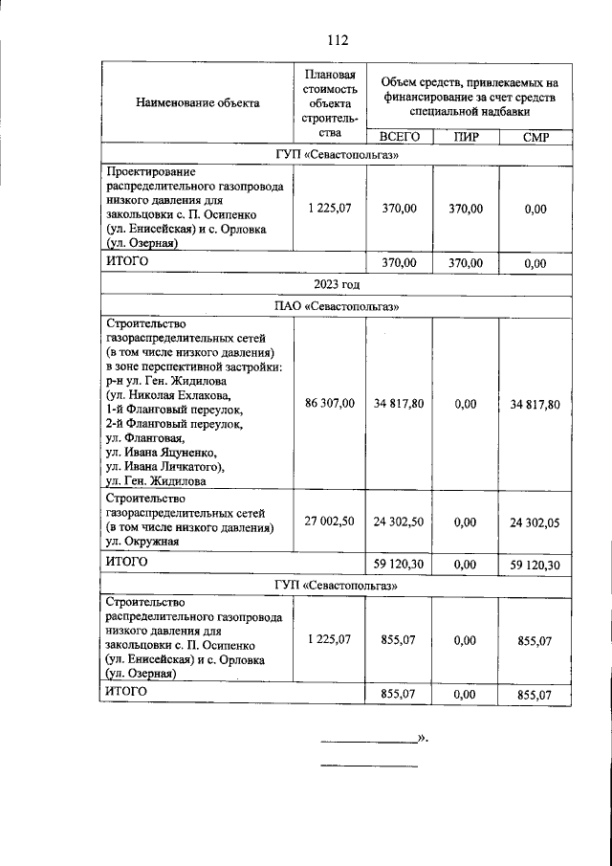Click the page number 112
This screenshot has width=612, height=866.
click(336, 40)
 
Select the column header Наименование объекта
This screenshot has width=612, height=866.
click(198, 103)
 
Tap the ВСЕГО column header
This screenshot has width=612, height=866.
click(399, 137)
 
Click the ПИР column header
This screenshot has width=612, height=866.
click(466, 137)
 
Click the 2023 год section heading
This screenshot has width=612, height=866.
click(336, 284)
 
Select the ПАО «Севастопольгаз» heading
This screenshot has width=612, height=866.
click(336, 307)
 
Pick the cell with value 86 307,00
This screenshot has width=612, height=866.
click(330, 404)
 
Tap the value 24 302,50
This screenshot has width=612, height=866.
click(399, 522)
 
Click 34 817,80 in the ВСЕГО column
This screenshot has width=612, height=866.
click(399, 405)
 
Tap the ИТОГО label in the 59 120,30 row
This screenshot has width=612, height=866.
click(126, 562)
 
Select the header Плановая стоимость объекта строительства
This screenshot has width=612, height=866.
click(330, 103)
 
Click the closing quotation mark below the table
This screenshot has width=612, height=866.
click(422, 738)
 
